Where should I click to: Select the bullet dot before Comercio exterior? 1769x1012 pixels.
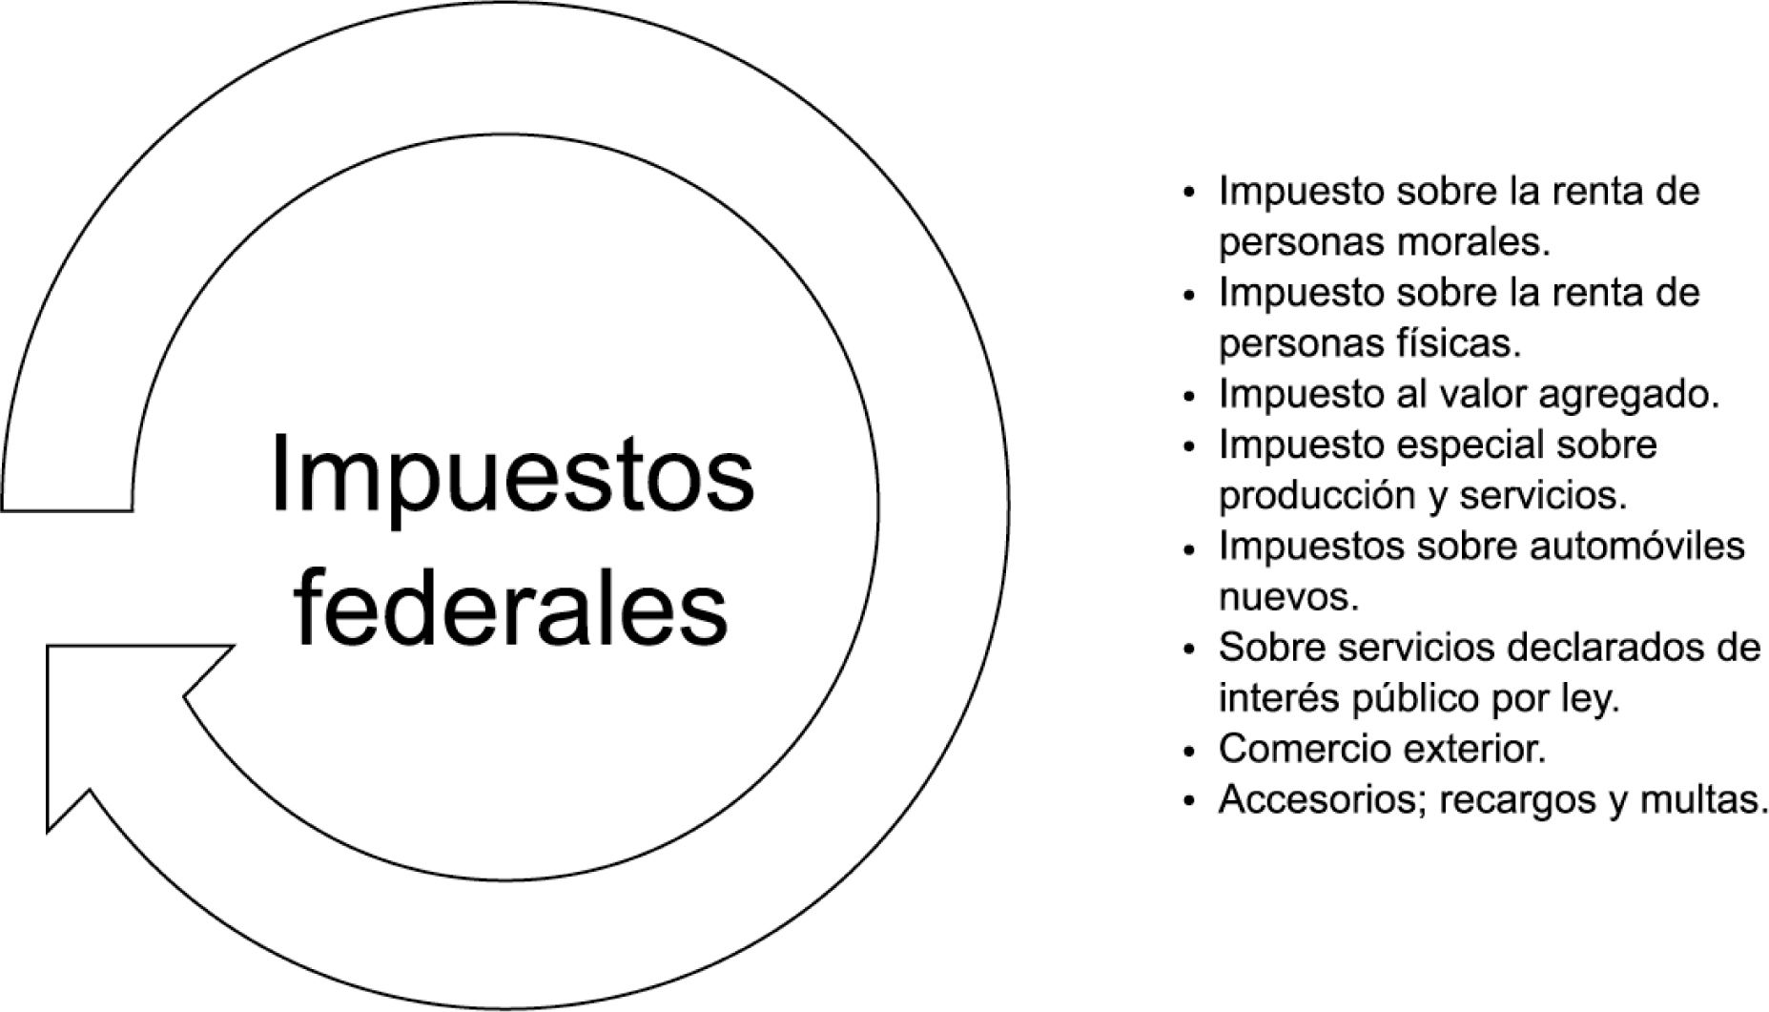(x=1187, y=753)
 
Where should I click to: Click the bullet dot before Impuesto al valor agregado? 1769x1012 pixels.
(x=1187, y=397)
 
